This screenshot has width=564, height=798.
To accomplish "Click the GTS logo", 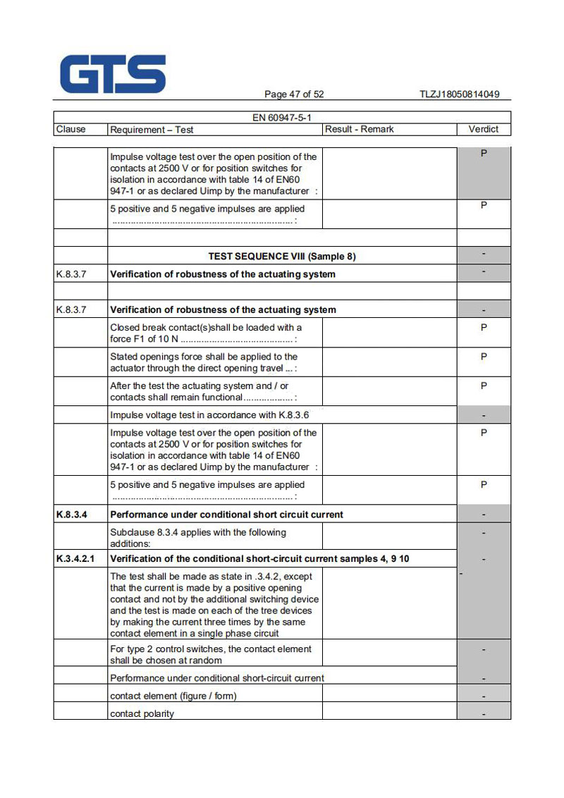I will click(113, 74).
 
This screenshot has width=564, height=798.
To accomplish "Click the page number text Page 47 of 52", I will click(294, 94).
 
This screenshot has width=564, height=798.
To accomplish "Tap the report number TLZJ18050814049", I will click(459, 94).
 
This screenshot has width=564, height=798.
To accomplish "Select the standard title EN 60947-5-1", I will click(282, 118).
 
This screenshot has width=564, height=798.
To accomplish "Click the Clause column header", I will click(70, 129).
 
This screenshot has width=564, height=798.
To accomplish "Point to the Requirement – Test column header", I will click(152, 130).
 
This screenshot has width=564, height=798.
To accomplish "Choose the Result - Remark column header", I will click(359, 129).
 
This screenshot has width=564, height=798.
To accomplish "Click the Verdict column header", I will click(483, 129).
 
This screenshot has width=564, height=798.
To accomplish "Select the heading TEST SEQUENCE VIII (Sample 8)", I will click(282, 257).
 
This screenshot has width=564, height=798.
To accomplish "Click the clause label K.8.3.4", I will click(71, 515).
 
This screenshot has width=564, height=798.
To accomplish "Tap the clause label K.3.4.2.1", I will click(77, 559).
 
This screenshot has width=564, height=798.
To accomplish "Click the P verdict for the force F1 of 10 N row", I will click(484, 328).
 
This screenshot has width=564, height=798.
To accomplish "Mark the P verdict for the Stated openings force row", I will click(484, 357).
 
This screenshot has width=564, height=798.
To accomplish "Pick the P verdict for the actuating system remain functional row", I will click(484, 386).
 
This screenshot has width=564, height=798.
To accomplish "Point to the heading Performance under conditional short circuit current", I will click(227, 515).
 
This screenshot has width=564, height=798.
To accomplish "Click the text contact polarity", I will click(142, 713).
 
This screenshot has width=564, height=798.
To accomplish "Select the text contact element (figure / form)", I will click(173, 696).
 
